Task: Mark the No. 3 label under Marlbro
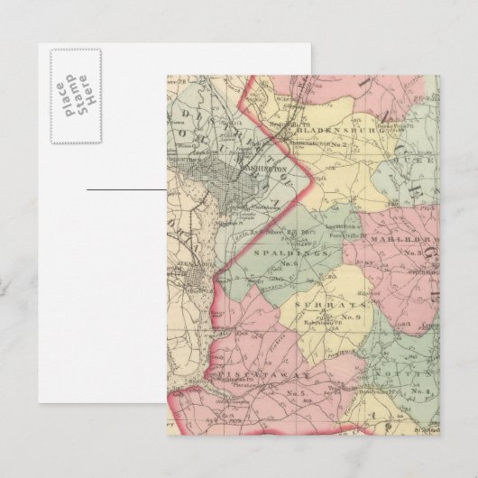coord(414,252)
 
